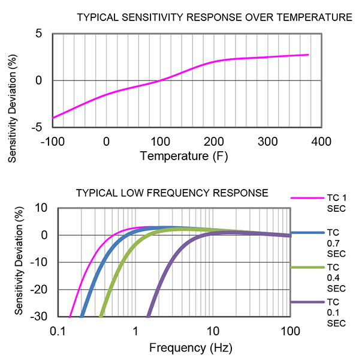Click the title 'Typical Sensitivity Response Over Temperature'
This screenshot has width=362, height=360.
coord(215,17)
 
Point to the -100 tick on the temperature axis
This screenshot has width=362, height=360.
coord(52,143)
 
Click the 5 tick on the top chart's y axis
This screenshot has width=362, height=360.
coord(39,34)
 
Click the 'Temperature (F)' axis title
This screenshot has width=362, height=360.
coord(183,157)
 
